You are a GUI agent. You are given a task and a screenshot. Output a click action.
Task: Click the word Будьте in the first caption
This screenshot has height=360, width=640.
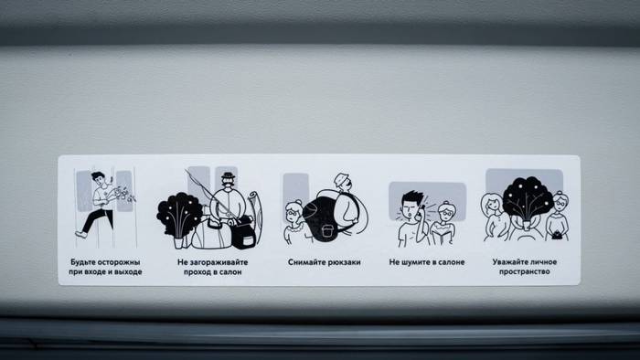tap(83, 261)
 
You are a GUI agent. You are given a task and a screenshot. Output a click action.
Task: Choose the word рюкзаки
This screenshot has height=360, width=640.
tap(345, 262)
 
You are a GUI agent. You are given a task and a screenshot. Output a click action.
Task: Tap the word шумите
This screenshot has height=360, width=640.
tap(414, 262)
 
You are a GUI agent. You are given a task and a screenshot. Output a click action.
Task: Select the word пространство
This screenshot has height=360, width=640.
tap(525, 272)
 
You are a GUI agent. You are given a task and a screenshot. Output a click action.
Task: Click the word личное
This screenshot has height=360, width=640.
tap(545, 261)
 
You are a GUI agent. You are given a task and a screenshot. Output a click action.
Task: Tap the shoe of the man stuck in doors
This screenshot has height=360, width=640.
tap(80, 234)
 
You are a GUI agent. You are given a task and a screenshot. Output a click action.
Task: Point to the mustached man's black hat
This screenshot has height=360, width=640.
tap(229, 175)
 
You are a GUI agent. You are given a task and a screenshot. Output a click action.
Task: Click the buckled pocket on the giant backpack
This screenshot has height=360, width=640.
tap(325, 231)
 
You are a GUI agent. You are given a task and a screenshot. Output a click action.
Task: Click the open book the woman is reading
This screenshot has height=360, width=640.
tap(442, 237)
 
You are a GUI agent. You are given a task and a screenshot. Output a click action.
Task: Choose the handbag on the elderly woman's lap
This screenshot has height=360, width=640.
tap(556, 235)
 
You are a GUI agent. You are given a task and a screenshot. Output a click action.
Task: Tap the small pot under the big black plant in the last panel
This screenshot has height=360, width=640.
tap(526, 225)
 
